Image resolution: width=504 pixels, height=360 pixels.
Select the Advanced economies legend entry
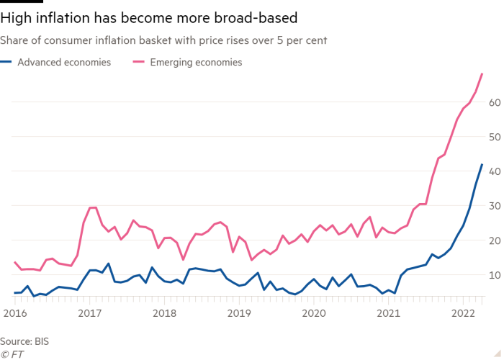[64, 63]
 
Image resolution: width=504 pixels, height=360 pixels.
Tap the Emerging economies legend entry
[196, 63]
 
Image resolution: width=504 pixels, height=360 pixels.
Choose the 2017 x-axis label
[89, 313]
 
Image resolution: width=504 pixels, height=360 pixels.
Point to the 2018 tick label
[164, 313]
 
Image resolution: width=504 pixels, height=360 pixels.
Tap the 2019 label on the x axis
[240, 313]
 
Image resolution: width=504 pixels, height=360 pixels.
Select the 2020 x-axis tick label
[314, 313]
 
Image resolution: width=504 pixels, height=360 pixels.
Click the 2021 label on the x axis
[390, 313]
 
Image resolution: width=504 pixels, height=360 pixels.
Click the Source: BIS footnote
[24, 339]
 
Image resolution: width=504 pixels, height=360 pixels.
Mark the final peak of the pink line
[482, 74]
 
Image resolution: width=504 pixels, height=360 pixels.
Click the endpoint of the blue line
[482, 164]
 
